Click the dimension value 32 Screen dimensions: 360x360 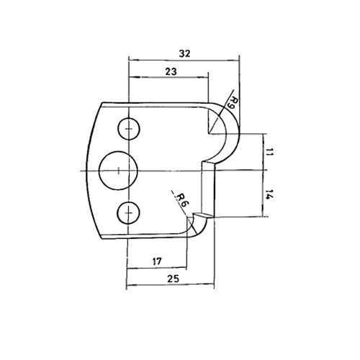(x=184, y=53)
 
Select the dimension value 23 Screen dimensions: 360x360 (x=171, y=71)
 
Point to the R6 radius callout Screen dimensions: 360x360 (x=183, y=200)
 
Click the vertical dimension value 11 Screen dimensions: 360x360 (x=270, y=152)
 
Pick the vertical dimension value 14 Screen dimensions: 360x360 (x=270, y=194)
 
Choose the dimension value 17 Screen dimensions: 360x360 (x=157, y=261)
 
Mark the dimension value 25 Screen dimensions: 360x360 (x=173, y=279)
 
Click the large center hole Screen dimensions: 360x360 (x=118, y=171)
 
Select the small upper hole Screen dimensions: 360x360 (x=129, y=129)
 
